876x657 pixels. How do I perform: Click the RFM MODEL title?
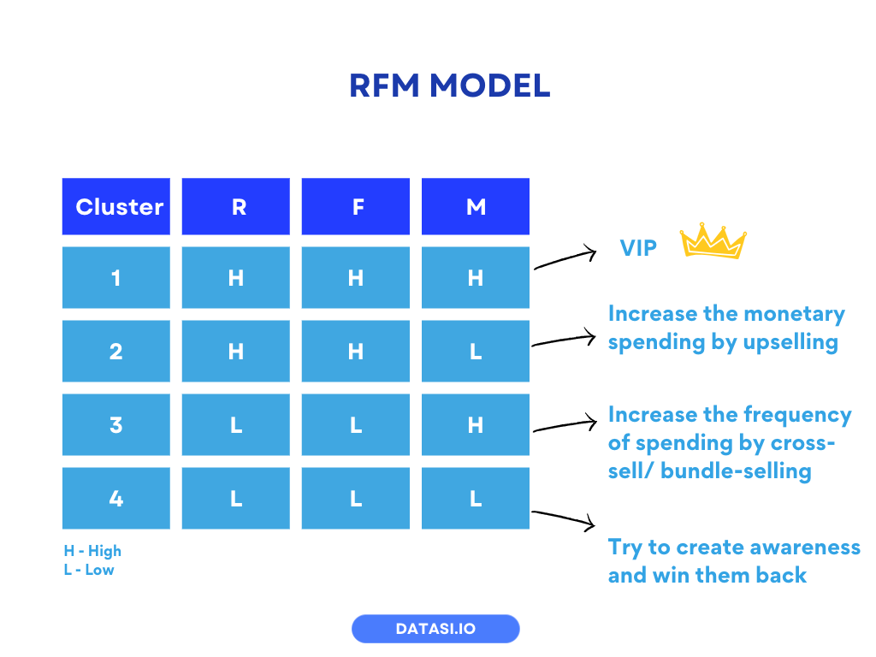click(x=449, y=86)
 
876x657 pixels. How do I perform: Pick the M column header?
click(x=476, y=206)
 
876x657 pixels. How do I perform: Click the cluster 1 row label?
click(x=116, y=277)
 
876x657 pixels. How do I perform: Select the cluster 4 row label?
click(x=116, y=498)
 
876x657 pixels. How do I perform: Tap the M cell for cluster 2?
click(x=476, y=351)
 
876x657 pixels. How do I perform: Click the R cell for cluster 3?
click(x=236, y=424)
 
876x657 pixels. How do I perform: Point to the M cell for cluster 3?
click(x=476, y=424)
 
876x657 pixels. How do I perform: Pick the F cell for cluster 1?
click(x=356, y=277)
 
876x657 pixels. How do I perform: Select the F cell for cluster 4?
click(x=356, y=498)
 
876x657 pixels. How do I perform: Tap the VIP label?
click(x=638, y=248)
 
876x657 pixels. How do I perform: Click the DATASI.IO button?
click(x=435, y=629)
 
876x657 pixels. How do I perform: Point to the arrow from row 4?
click(x=563, y=518)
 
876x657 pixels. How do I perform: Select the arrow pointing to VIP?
click(x=565, y=258)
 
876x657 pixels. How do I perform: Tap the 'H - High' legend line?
click(x=92, y=551)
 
